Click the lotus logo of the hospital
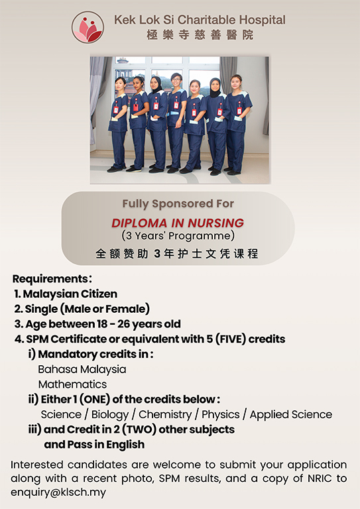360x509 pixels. pos(88,27)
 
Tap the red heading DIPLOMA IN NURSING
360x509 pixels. pos(178,223)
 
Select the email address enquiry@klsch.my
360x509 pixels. pos(58,492)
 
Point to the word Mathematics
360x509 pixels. pos(72,384)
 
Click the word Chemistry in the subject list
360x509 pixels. pos(165,414)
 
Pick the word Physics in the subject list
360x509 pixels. pos(220,414)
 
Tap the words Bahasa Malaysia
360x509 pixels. pos(82,369)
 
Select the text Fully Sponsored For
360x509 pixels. pos(178,203)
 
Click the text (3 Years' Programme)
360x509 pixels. pos(178,236)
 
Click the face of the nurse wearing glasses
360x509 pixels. pos(176,80)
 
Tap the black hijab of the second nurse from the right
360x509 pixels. pos(215,87)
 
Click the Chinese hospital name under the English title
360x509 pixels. pos(200,34)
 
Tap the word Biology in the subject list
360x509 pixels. pos(109,414)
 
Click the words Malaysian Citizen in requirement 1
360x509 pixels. pos(70,294)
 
